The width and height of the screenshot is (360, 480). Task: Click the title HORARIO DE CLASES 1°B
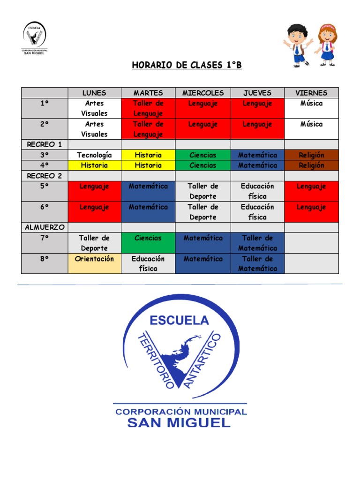click(187, 65)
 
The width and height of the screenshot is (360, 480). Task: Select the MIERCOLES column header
click(203, 93)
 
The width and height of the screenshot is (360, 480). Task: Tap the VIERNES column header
click(311, 93)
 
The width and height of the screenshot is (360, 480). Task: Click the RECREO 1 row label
click(45, 144)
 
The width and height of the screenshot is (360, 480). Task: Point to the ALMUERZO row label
click(45, 227)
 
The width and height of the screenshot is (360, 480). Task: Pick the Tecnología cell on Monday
click(94, 155)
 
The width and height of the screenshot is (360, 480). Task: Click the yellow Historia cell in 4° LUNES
click(94, 165)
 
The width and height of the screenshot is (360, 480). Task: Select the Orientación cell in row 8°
click(94, 259)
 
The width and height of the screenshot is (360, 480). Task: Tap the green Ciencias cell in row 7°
click(148, 238)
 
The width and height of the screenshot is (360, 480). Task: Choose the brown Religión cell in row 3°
click(311, 155)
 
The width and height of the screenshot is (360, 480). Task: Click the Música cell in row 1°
click(311, 104)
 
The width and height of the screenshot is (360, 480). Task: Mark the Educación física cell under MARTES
click(148, 263)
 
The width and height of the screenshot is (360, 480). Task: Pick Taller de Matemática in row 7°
click(257, 243)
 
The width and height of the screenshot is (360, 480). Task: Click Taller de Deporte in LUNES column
click(94, 243)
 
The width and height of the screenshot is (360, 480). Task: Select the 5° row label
click(45, 187)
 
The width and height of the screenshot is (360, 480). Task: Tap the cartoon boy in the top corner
click(298, 45)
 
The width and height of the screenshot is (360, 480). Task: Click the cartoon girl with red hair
click(327, 45)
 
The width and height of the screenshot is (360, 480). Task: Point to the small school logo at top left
click(35, 37)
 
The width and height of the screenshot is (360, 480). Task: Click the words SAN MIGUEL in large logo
click(179, 423)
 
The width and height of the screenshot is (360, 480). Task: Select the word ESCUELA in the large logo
click(179, 321)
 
